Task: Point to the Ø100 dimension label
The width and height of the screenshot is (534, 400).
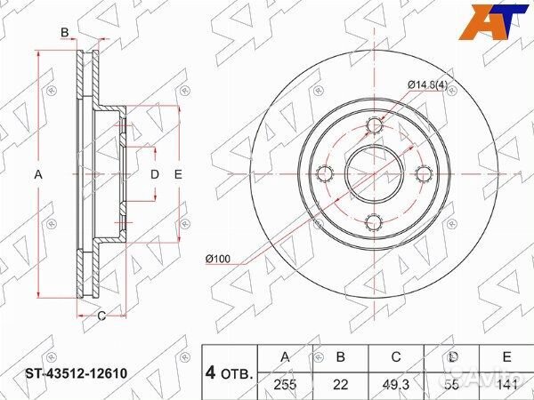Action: tap(218, 258)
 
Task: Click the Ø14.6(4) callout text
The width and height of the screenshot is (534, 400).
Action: tap(427, 84)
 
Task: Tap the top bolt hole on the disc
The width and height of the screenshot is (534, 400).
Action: tap(374, 129)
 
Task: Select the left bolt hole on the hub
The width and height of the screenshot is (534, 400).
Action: tap(327, 173)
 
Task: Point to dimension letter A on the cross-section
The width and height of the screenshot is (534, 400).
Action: tap(38, 175)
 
